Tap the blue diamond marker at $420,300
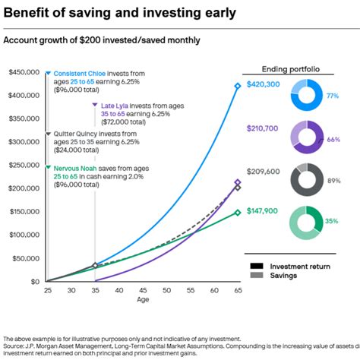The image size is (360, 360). coord(238,86)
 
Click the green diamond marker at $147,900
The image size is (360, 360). coord(238,213)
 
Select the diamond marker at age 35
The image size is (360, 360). coord(94,265)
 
